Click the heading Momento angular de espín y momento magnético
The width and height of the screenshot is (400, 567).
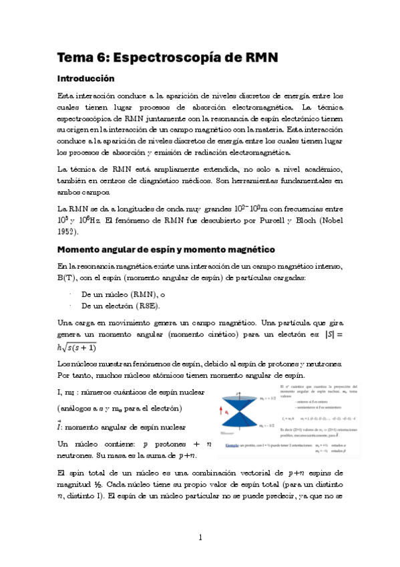pyautogui.click(x=166, y=250)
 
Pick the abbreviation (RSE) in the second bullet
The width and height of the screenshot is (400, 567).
pyautogui.click(x=147, y=306)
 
